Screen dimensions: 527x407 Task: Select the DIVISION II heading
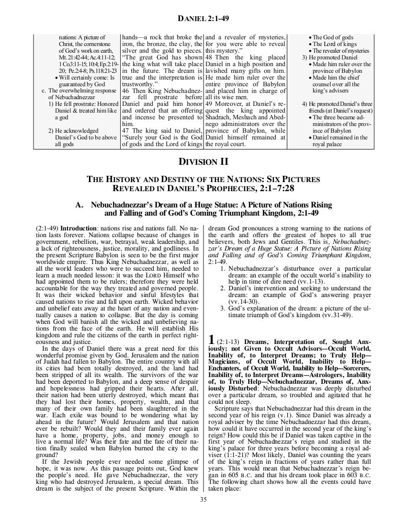pyautogui.click(x=203, y=162)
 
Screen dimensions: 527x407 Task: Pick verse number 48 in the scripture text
pyautogui.click(x=209, y=57)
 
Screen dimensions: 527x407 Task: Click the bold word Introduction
pyautogui.click(x=75, y=227)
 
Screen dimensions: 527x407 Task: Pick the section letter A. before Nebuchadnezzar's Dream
pyautogui.click(x=80, y=205)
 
